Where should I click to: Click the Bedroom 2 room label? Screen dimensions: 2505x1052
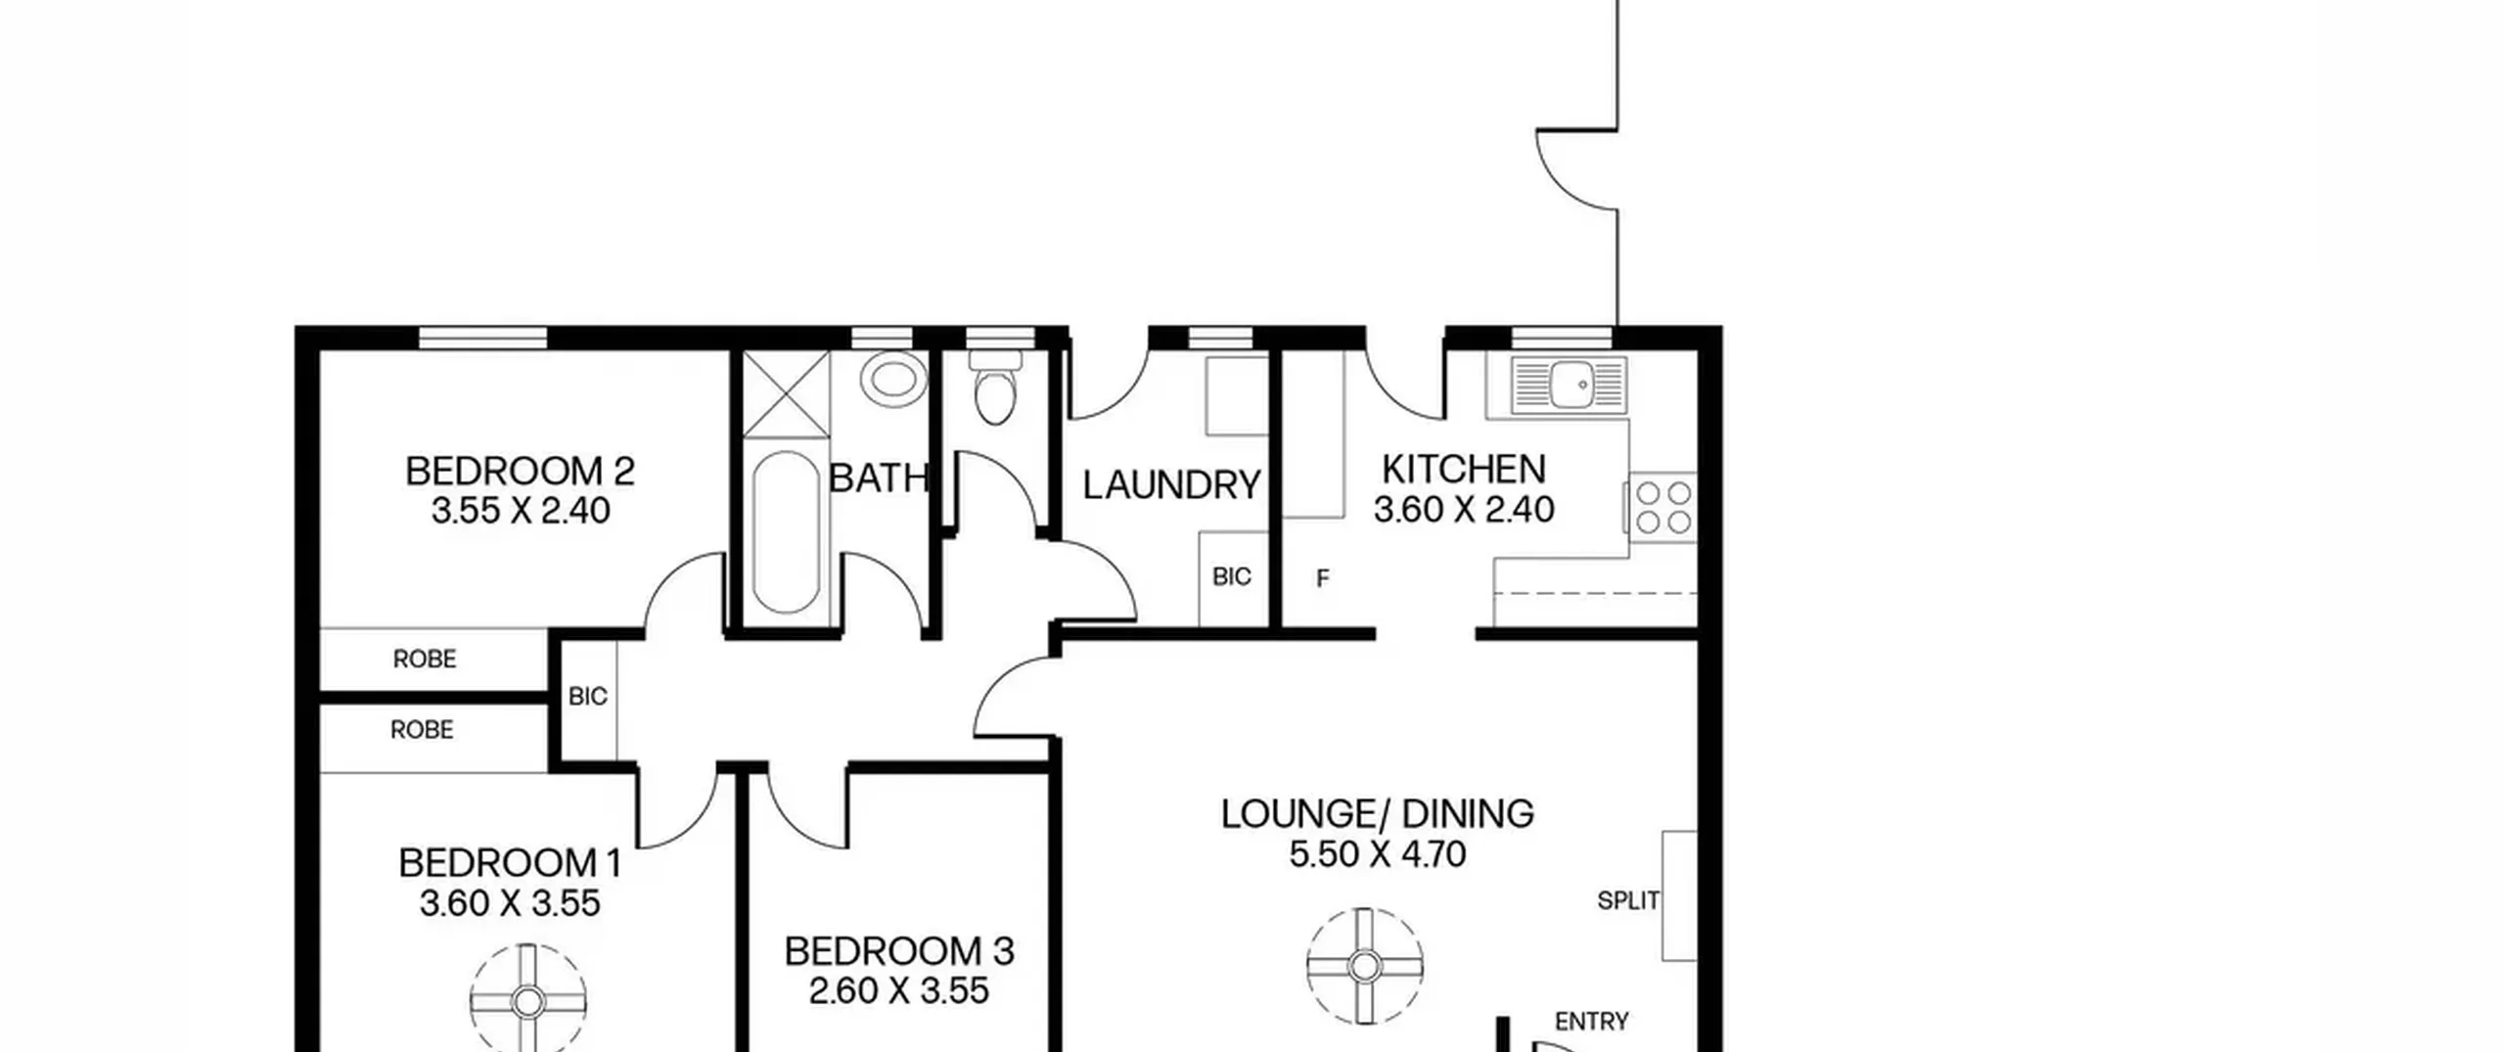coord(520,472)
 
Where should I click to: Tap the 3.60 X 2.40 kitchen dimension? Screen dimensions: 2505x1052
coord(1464,510)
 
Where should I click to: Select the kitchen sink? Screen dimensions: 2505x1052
coord(1569,385)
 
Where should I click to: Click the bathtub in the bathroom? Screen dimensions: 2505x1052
coord(787,531)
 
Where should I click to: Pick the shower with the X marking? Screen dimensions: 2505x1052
coord(786,393)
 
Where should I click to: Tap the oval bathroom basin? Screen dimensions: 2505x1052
coord(893,380)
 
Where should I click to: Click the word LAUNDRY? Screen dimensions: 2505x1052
coord(1171,485)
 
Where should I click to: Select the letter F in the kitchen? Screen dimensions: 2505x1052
coord(1323,578)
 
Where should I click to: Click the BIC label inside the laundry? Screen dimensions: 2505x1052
coord(1231,576)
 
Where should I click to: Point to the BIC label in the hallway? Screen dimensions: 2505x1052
coord(587,696)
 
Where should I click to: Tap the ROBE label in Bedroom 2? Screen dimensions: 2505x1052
coord(425,659)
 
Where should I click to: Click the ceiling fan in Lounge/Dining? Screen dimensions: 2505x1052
coord(1364,966)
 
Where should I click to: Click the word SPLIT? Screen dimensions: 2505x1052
coord(1628,900)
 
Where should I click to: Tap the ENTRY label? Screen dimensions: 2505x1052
coord(1591,1022)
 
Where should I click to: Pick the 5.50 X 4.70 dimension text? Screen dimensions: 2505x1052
coord(1377,854)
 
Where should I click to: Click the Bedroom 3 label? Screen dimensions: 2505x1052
coord(898,951)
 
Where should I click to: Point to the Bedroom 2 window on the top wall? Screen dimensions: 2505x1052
coord(483,338)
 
